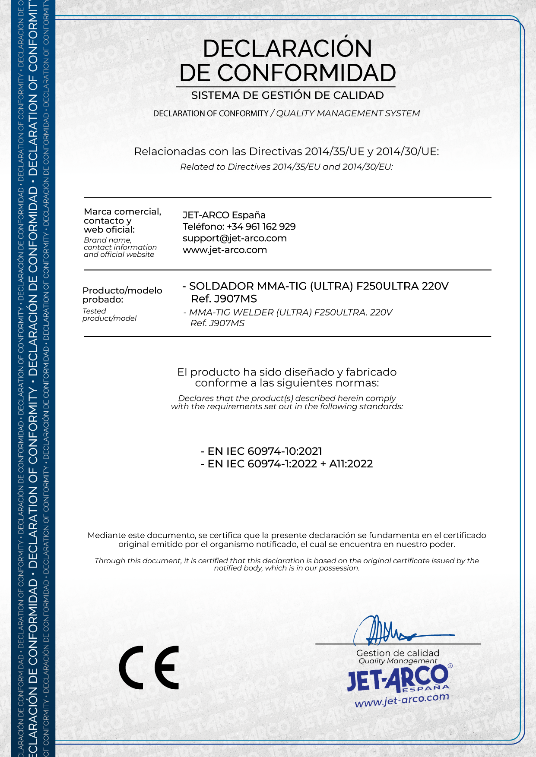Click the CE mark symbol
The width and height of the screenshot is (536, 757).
click(x=149, y=667)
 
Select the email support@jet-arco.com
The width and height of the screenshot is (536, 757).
click(x=235, y=238)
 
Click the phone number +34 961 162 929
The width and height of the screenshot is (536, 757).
click(x=261, y=227)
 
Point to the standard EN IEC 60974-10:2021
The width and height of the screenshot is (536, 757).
click(x=261, y=451)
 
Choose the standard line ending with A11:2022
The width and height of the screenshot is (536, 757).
click(x=287, y=464)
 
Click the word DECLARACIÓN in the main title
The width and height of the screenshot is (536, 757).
click(x=287, y=48)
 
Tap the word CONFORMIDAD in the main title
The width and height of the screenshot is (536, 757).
click(x=307, y=73)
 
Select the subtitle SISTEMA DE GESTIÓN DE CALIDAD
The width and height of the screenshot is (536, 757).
click(x=287, y=95)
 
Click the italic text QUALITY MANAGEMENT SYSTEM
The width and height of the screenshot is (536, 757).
click(x=348, y=113)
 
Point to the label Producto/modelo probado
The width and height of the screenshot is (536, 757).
click(x=122, y=295)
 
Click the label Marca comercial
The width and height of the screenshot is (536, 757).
click(x=122, y=211)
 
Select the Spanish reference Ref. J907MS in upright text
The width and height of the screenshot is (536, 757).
click(x=224, y=299)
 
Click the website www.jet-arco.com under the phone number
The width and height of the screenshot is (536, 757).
click(x=225, y=250)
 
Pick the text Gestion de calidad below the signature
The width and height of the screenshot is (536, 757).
click(x=398, y=653)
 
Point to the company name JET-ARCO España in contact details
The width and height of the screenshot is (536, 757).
click(x=224, y=215)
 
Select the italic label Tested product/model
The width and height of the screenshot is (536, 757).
click(x=109, y=315)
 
